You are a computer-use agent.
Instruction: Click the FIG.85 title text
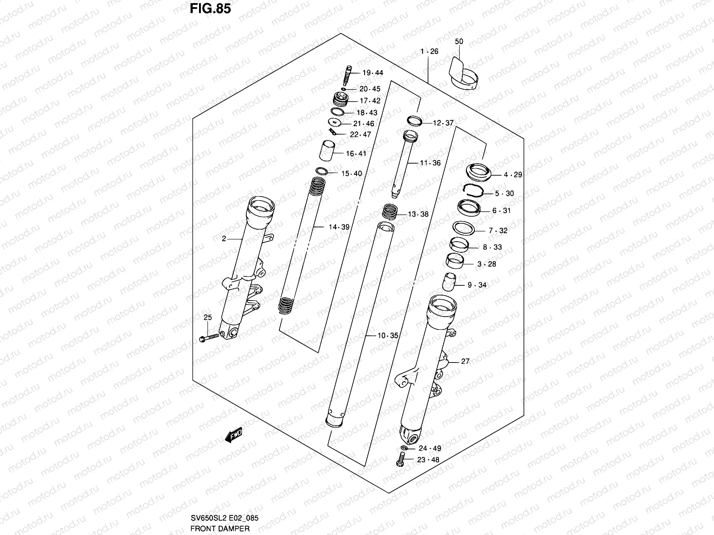[x=210, y=8]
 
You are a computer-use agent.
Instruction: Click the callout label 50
[x=459, y=41]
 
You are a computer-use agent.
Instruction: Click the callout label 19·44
[x=373, y=73]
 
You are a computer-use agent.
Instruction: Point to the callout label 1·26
[x=429, y=52]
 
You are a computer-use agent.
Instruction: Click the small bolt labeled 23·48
[x=400, y=459]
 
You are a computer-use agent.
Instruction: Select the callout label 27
[x=465, y=362]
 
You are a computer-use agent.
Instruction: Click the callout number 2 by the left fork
[x=224, y=239]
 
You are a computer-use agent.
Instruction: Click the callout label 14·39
[x=339, y=227]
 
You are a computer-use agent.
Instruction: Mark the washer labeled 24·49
[x=404, y=448]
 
